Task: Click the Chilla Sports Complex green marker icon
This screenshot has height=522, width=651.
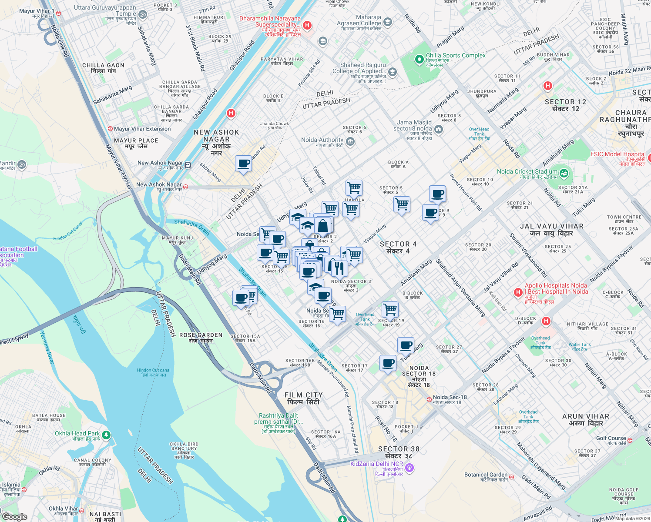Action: tap(419, 59)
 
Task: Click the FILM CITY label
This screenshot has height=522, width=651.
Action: tap(303, 398)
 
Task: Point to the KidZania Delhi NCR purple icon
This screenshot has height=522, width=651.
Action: tap(409, 468)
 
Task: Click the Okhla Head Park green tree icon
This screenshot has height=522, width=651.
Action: tap(106, 435)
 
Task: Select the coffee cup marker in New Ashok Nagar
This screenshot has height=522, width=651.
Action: tap(243, 164)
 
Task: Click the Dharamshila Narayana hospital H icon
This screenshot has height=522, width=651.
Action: tap(307, 25)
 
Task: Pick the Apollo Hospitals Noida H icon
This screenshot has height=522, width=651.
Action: tap(518, 292)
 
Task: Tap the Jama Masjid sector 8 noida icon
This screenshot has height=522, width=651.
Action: tap(439, 129)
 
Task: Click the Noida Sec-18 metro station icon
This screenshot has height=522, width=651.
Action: tap(429, 399)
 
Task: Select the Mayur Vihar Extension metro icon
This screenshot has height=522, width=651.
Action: tap(110, 129)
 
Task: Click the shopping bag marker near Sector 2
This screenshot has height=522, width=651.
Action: tap(323, 225)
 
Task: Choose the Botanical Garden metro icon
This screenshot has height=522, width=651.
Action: tap(512, 477)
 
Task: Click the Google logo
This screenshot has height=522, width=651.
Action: tap(15, 516)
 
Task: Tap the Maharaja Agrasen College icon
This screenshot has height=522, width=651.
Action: tap(387, 22)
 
